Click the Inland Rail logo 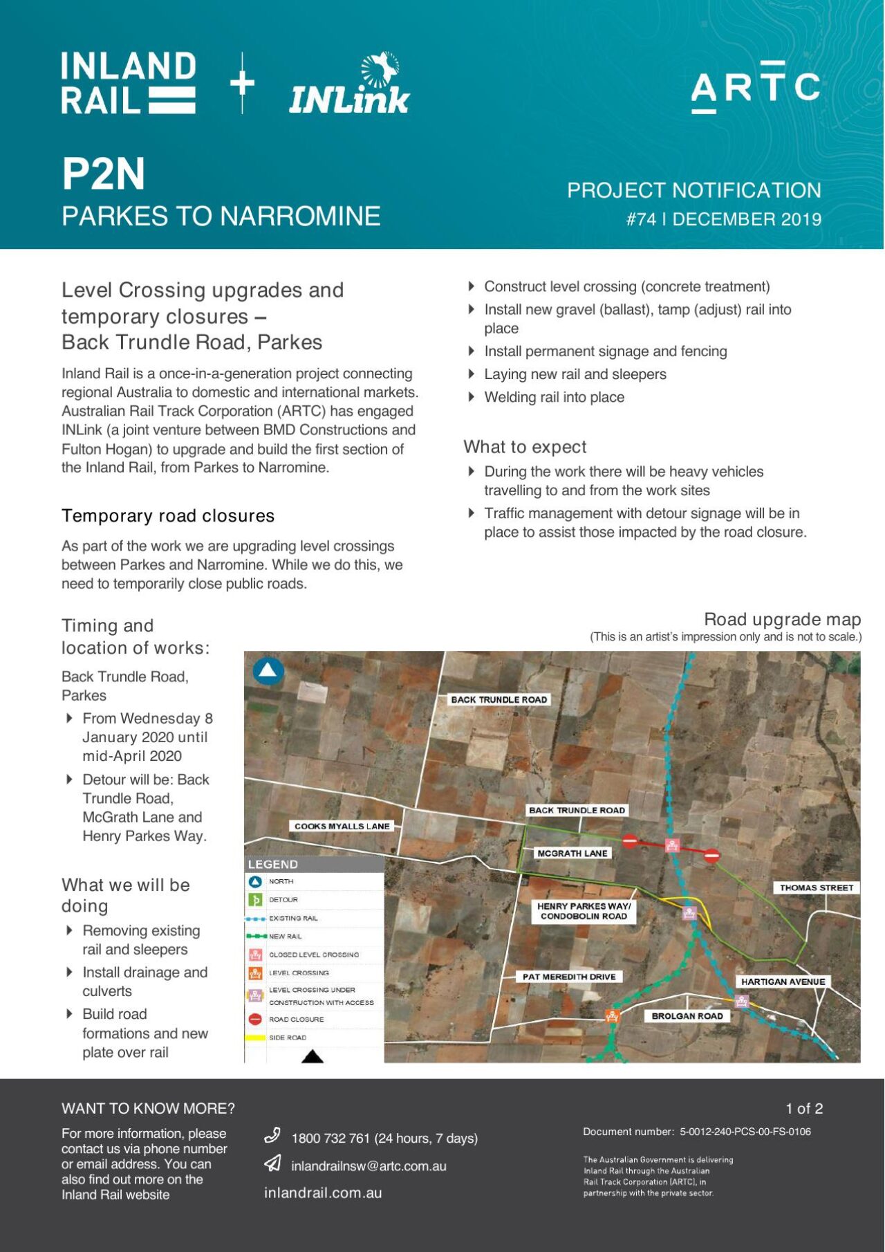129,83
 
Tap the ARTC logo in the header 755,86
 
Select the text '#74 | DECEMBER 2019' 723,219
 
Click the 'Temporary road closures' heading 168,516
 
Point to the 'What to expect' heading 525,447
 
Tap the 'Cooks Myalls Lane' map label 342,826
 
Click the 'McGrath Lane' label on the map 572,854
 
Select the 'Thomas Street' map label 817,887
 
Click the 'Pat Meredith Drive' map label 569,977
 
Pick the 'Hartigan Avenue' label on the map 783,982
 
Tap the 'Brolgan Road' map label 687,1016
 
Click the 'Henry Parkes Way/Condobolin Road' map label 584,911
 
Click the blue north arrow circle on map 268,670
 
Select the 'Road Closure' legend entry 296,1020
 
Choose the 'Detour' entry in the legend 283,900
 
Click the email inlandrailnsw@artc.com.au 369,1166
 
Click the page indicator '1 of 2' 804,1109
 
